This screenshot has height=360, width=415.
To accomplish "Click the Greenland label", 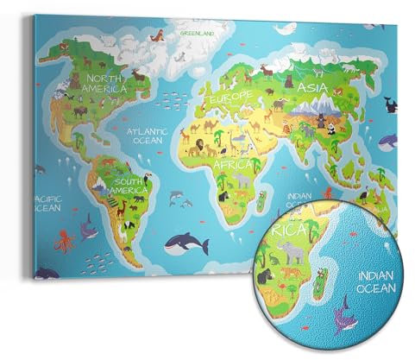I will (x=197, y=33).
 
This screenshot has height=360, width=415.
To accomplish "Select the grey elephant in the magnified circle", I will (x=294, y=253).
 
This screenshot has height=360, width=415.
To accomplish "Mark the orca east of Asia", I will (x=389, y=106).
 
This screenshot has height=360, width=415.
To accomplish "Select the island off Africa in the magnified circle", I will (x=320, y=286).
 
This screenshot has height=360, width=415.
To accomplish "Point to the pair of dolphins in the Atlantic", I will (x=180, y=203).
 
